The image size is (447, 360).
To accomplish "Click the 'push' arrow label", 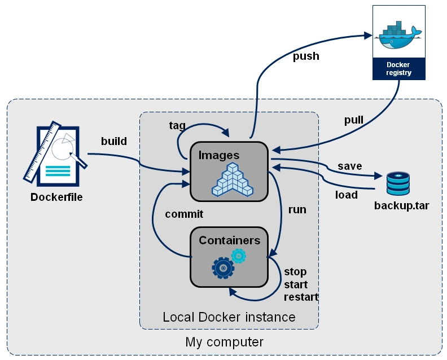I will [306, 56].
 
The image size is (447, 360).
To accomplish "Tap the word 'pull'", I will [354, 120].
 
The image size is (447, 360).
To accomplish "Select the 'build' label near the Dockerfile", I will [113, 141].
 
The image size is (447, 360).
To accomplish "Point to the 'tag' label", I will [177, 125].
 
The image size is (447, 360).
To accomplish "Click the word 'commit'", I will [184, 214].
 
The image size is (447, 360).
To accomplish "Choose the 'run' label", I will [297, 209].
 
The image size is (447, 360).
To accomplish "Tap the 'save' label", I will [349, 166].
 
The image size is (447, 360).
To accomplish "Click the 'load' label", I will [347, 195].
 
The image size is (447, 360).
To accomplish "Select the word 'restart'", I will [301, 297].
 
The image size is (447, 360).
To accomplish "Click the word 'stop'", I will [295, 271].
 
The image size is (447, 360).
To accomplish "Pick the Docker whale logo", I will [398, 36].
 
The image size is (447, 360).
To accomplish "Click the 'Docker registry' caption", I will [398, 68].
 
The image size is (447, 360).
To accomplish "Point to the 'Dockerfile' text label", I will [56, 197].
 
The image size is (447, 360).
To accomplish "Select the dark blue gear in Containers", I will [223, 267].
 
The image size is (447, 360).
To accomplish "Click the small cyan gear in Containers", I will [239, 256].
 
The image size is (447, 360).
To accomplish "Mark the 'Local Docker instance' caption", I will [229, 317].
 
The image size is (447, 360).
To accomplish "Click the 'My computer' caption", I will [224, 342].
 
